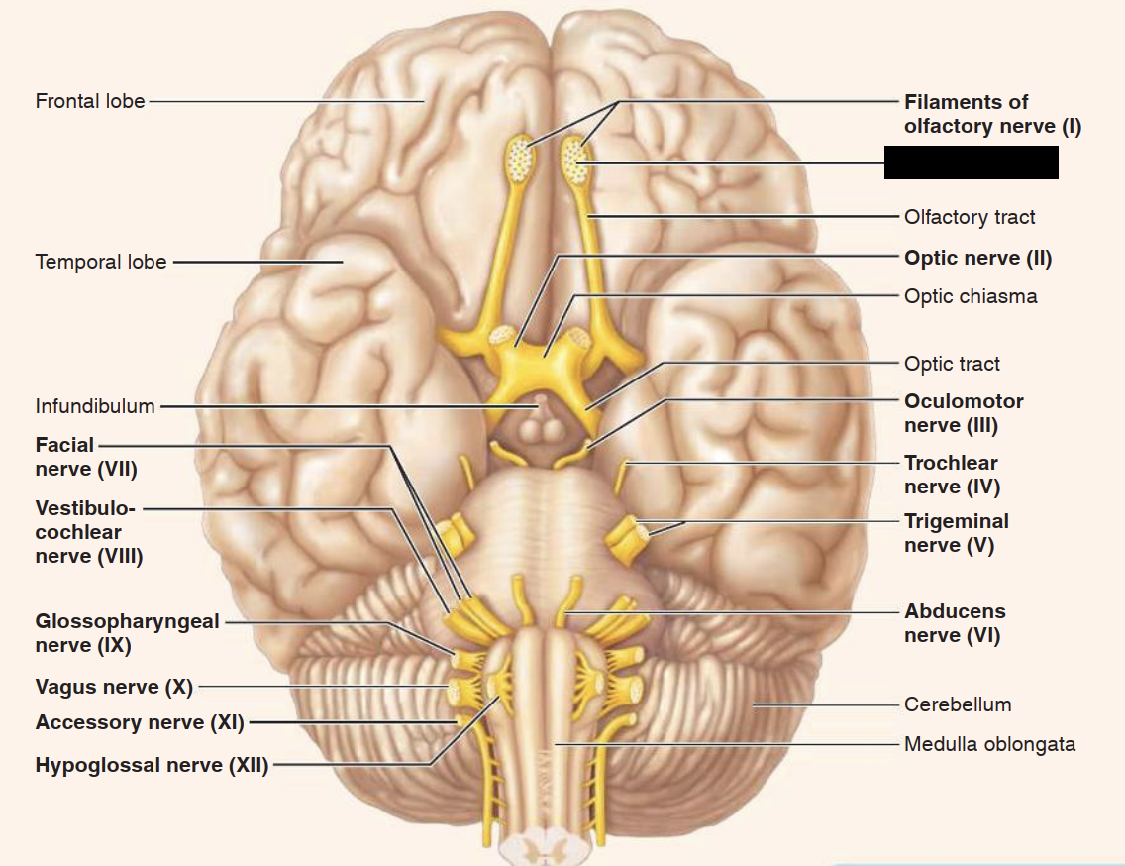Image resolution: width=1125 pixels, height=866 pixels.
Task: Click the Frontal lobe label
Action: (90, 101)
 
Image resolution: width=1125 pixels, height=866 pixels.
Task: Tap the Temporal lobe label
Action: (101, 263)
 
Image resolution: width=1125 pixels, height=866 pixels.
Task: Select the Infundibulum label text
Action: (95, 406)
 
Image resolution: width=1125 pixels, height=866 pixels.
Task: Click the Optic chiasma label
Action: (971, 296)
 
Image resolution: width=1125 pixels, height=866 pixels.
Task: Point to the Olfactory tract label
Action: (970, 217)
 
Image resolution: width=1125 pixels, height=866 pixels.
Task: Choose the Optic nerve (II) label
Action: (977, 258)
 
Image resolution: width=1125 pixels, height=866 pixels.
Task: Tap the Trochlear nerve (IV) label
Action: (952, 475)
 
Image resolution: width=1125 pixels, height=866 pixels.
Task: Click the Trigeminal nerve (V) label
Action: (956, 533)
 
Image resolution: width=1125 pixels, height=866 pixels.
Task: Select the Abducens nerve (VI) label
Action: (954, 623)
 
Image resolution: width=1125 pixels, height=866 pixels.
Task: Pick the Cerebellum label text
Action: (958, 704)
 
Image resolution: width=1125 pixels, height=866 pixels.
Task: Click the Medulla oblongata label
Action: (989, 744)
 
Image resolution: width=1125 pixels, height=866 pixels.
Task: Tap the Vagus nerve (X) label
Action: (114, 687)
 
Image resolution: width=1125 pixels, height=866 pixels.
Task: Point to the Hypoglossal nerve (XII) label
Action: (152, 765)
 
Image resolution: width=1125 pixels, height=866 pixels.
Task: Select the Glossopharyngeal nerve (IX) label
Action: (127, 633)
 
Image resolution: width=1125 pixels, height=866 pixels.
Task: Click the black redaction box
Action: (971, 162)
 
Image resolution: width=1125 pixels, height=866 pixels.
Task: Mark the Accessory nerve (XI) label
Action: (140, 722)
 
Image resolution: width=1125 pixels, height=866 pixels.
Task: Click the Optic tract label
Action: (952, 364)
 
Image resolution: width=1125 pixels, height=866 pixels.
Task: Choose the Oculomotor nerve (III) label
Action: (963, 413)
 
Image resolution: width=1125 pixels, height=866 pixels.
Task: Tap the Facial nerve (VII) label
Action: (85, 457)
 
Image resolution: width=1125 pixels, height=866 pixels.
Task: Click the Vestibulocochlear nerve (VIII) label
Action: (89, 532)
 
